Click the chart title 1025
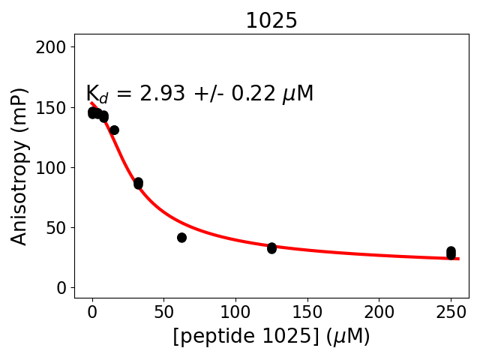pos(271,21)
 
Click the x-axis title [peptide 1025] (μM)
pos(271,337)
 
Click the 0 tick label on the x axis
pos(92,311)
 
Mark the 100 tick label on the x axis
pos(235,311)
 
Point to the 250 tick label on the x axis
pos(451,311)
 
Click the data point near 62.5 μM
pos(181,238)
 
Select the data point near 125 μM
pos(271,247)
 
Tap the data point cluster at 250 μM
pos(451,253)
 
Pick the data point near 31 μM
pos(138,183)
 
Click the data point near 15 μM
pos(114,130)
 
